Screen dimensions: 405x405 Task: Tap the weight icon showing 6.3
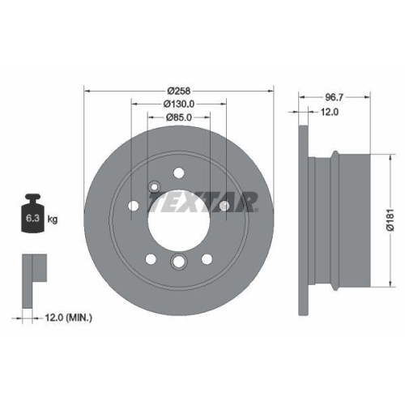(32, 215)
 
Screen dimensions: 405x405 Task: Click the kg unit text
(52, 220)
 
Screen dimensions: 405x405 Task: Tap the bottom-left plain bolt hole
(150, 258)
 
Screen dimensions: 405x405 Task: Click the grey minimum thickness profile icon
(32, 269)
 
